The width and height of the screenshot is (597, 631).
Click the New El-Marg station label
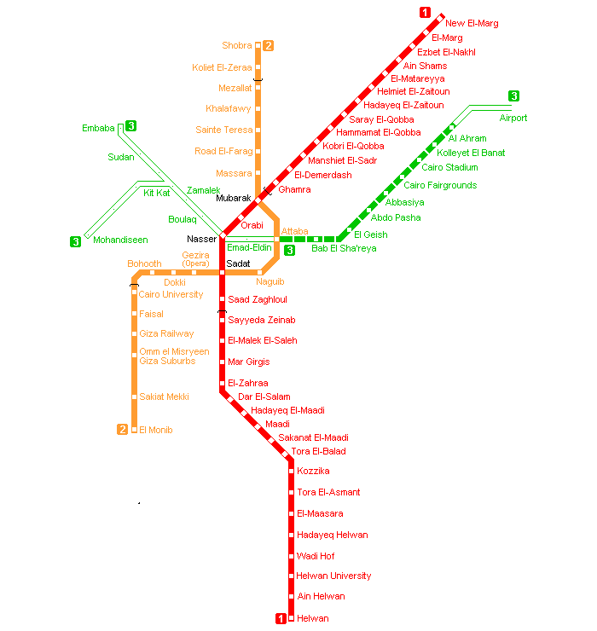472,24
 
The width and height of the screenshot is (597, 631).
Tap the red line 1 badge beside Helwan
281,619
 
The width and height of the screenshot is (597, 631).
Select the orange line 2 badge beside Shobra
268,46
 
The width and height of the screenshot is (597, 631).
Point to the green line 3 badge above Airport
513,96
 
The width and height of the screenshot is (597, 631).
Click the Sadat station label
238,264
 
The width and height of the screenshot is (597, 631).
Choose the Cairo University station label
171,295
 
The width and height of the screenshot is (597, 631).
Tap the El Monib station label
155,431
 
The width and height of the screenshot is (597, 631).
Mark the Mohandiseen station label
120,240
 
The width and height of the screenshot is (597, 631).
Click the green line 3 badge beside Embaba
130,127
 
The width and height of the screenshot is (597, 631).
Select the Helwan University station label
333,576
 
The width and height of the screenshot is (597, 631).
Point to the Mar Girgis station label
248,362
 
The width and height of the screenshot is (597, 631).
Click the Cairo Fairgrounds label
440,186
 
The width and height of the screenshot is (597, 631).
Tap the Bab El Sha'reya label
343,249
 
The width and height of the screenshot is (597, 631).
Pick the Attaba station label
294,231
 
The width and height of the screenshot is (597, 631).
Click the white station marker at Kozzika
291,472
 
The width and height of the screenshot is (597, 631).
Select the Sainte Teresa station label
224,130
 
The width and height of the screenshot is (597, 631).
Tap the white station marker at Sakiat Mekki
134,397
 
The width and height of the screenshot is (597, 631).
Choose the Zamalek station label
204,190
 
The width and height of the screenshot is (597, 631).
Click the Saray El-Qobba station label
381,119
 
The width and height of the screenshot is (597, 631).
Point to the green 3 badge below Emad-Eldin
289,251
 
